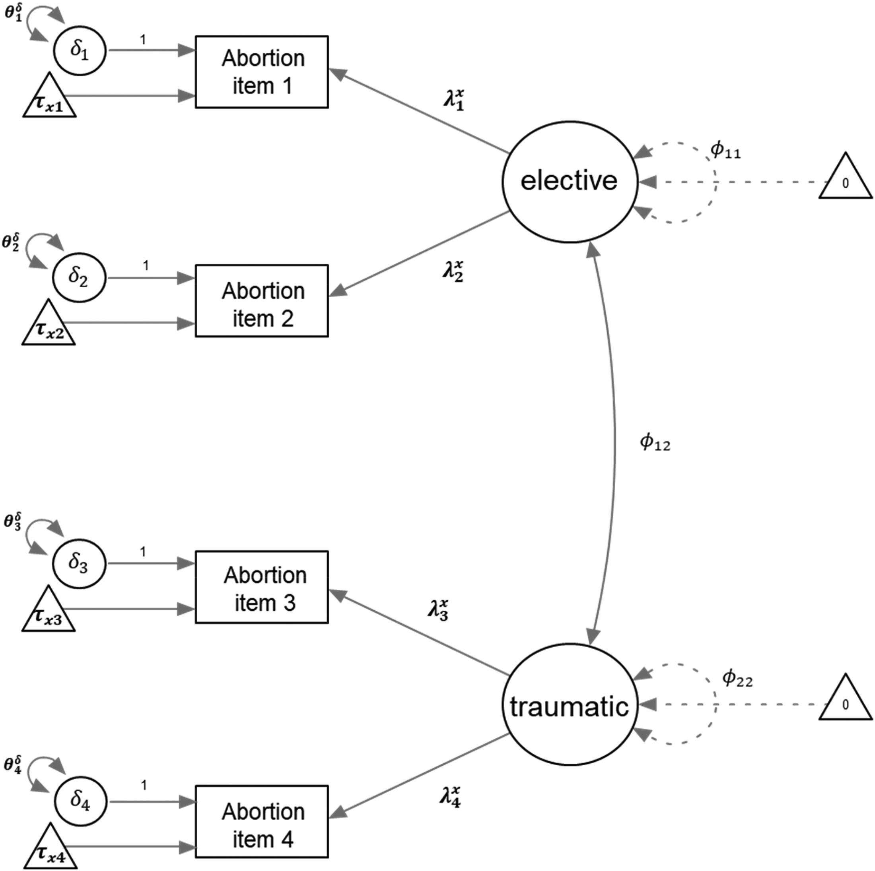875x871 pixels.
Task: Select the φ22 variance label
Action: (737, 679)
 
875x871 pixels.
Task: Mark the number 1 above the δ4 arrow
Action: (144, 786)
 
